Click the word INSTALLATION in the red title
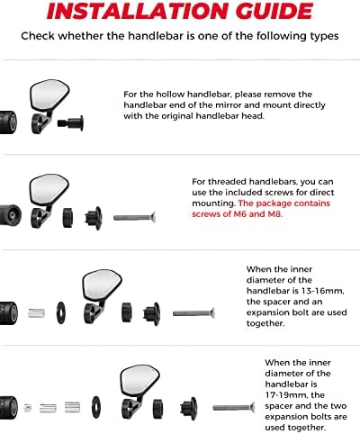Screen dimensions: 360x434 click(139, 11)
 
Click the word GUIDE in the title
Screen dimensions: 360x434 click(274, 11)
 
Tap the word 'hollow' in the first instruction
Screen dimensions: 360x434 click(170, 95)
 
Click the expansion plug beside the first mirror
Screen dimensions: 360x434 click(70, 122)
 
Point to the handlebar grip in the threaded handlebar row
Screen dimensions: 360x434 click(11, 215)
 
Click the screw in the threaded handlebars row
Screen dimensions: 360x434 click(134, 217)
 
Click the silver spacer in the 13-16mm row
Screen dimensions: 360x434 click(36, 313)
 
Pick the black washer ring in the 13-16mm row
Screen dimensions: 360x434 click(61, 312)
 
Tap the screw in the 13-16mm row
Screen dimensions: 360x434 click(193, 313)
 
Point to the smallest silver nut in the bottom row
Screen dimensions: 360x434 click(28, 408)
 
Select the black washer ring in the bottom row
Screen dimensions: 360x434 click(96, 407)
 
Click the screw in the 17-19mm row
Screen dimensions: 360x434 click(234, 407)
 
